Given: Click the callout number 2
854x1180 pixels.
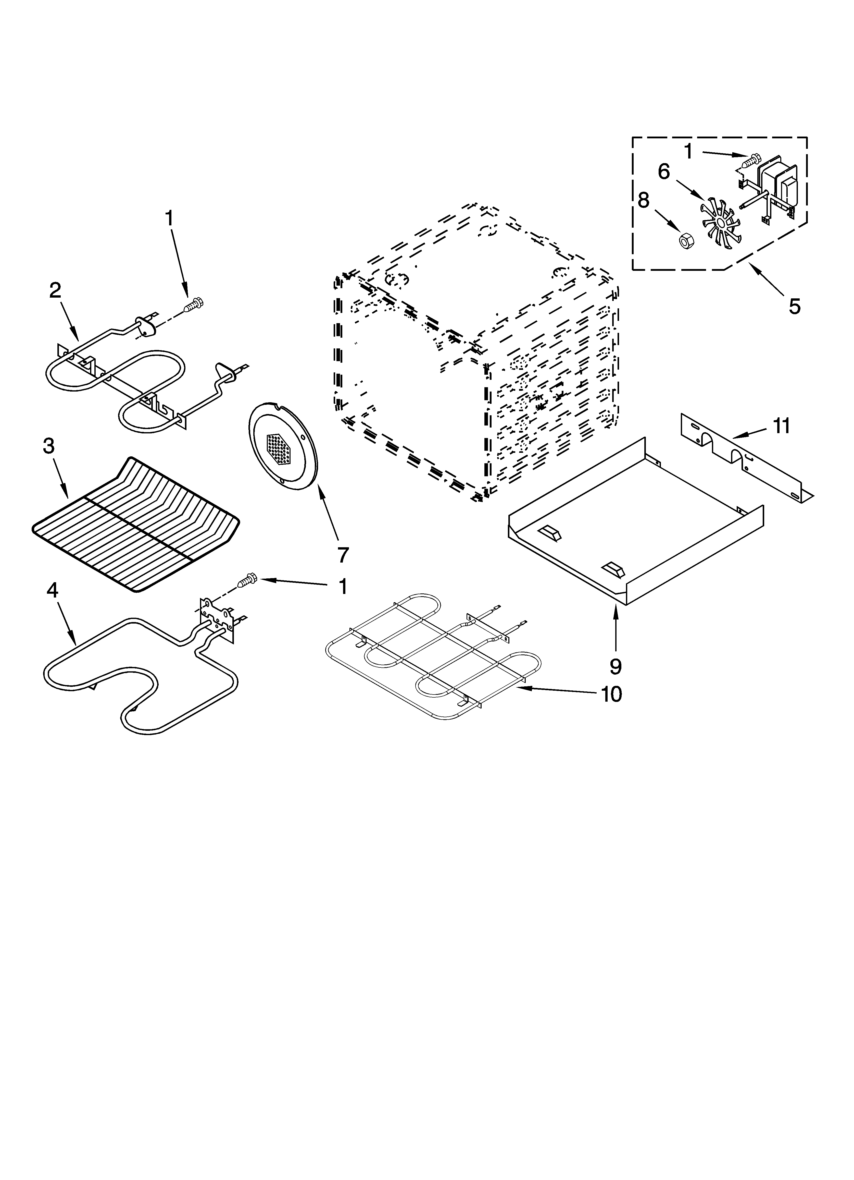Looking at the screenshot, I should click(55, 290).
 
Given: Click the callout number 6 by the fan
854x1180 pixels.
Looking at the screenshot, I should click(664, 172).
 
